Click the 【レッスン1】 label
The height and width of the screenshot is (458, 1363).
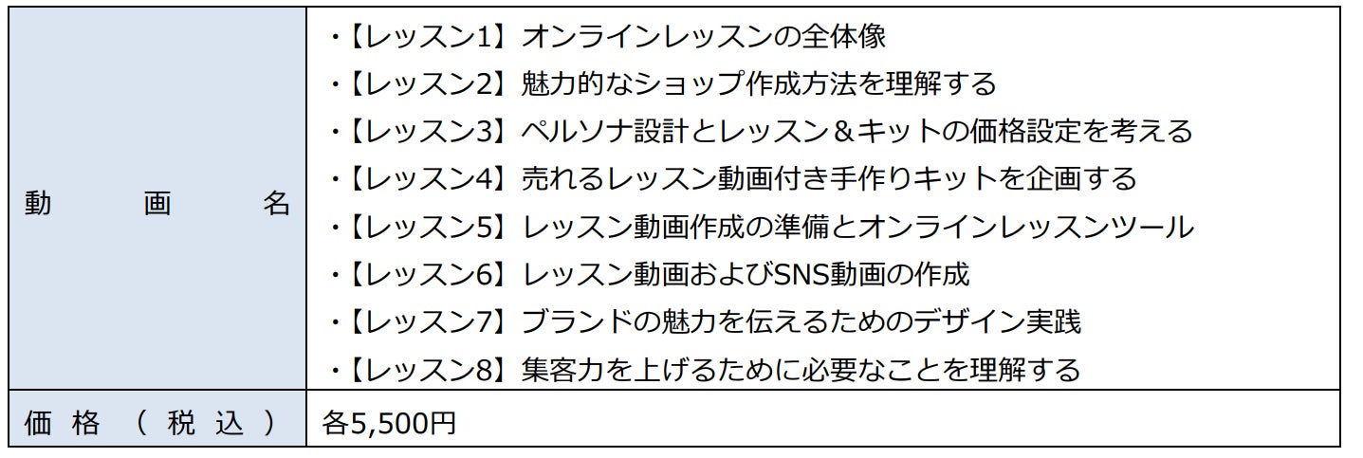click(x=426, y=36)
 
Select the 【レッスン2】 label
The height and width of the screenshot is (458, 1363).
click(x=426, y=83)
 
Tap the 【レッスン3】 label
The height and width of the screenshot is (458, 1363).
click(x=426, y=131)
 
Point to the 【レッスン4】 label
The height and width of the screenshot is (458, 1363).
click(x=426, y=178)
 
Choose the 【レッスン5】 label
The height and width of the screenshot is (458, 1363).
click(x=426, y=227)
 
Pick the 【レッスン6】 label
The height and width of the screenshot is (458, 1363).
click(x=426, y=274)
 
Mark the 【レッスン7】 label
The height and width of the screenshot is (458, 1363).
click(x=426, y=321)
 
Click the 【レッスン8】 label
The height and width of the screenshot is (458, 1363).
click(x=426, y=369)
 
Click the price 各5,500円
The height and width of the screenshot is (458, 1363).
click(x=389, y=422)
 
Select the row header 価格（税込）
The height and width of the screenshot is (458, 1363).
click(x=152, y=422)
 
